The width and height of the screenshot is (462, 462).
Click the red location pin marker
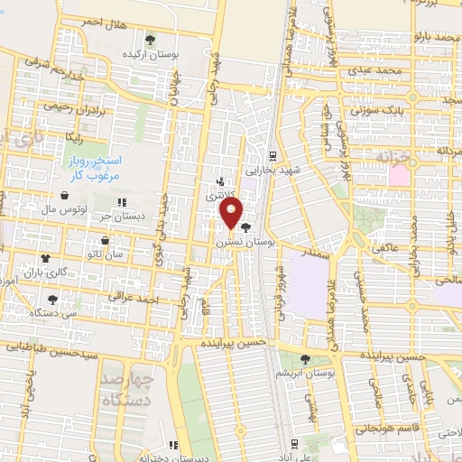[x=231, y=213]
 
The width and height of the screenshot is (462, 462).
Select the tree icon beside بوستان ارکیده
[x=151, y=40]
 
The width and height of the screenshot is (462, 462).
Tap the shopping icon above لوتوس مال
[x=64, y=195]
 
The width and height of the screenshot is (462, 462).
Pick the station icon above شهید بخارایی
[x=274, y=154]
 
